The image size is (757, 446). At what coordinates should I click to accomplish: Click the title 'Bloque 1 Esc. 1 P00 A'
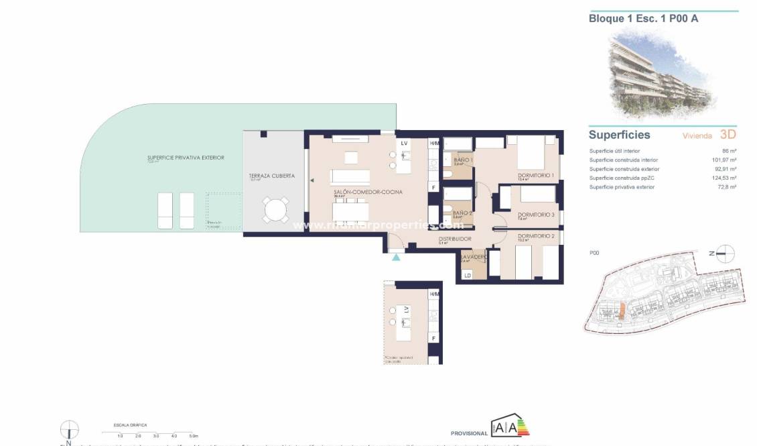click(x=644, y=19)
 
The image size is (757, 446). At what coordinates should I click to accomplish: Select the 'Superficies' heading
click(x=619, y=135)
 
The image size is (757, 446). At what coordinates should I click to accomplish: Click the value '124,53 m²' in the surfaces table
click(x=724, y=178)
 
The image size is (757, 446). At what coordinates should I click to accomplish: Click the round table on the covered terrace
click(x=275, y=210)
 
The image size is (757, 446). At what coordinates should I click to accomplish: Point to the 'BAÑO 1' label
click(x=463, y=160)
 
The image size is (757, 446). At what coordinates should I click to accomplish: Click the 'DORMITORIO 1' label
click(x=536, y=176)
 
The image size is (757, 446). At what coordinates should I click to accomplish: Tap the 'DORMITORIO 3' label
click(x=536, y=215)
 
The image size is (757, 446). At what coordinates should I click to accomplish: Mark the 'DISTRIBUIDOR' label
click(x=455, y=239)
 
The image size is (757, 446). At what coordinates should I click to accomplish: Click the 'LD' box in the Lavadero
click(x=467, y=275)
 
